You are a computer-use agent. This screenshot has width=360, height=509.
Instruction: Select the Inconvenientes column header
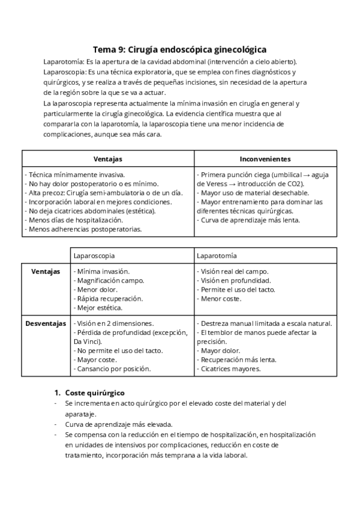point(265,159)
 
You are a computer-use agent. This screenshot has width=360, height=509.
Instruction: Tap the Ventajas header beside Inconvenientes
point(108,159)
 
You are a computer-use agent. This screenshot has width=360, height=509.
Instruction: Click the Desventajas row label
point(46,324)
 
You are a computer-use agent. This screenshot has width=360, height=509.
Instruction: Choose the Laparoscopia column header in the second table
point(94,256)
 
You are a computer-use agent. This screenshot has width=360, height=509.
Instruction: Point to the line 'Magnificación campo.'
point(105,280)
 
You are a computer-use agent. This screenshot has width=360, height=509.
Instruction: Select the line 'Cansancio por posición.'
point(112,369)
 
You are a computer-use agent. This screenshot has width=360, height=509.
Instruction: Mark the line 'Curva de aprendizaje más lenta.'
point(248,220)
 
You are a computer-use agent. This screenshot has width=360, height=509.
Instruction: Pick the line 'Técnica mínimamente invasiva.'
point(74,175)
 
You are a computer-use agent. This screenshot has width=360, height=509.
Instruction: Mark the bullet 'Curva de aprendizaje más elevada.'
point(119,424)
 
